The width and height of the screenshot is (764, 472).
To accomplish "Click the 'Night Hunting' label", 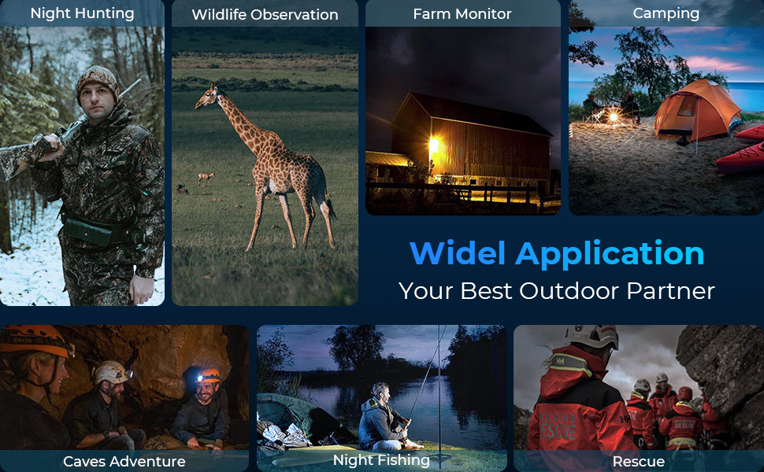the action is pos(83,13).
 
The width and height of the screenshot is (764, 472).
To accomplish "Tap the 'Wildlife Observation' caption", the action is pos(265,15).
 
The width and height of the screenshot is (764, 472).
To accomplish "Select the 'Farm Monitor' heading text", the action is pos(462,14).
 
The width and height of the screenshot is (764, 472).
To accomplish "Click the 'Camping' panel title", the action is pos(666,13).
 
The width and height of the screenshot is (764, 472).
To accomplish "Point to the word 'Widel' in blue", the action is pos(458,253).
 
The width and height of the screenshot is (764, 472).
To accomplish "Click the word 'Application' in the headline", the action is pos(610,254).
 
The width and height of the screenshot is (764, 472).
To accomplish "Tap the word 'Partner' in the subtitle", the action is pos(671,291).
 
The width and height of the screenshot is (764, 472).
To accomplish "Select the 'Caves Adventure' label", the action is pos(124,461).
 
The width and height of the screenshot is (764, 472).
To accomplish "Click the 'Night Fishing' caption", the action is pos(381,460).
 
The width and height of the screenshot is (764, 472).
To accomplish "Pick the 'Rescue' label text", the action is pos(638,461).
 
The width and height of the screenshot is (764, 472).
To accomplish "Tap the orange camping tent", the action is pos(697,110).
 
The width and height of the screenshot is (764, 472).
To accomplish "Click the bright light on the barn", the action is pos(433,145).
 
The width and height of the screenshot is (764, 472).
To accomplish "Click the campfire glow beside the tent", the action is pos(614,116).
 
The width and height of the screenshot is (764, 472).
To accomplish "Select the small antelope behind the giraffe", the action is pos(206,178).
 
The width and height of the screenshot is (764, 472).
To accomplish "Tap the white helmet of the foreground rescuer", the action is pos(592,336).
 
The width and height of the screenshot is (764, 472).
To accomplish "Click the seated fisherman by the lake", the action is pos(385,419).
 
